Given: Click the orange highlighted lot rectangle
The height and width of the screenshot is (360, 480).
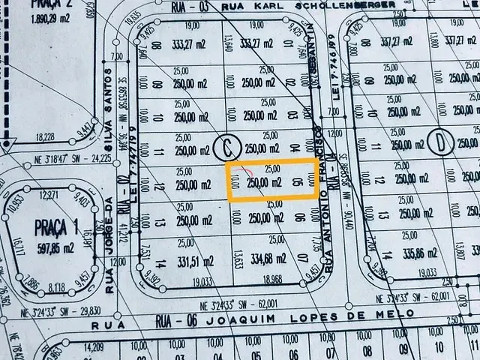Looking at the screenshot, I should (271, 181).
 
